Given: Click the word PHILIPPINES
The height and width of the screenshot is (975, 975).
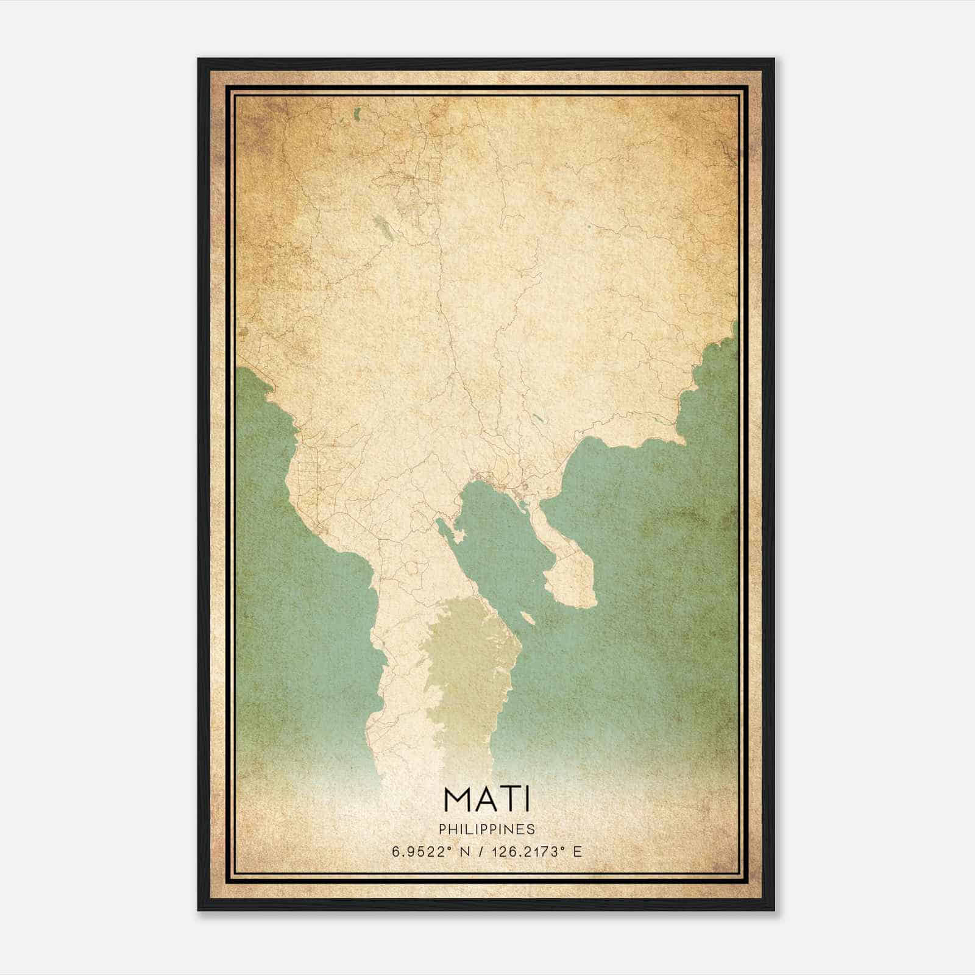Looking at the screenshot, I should pyautogui.click(x=487, y=829).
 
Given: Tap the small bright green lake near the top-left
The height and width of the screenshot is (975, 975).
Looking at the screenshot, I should pyautogui.click(x=356, y=113).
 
